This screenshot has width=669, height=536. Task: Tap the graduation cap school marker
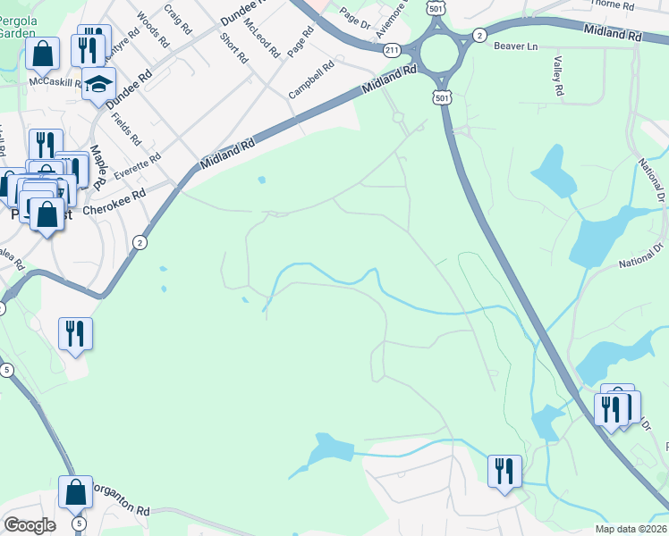[99, 87]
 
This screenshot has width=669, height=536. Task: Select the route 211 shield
[392, 50]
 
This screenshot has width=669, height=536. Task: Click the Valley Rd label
[558, 77]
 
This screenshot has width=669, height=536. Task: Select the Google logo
[29, 525]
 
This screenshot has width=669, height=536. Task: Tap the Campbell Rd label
[311, 79]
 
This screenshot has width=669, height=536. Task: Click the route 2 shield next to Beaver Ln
[480, 35]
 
